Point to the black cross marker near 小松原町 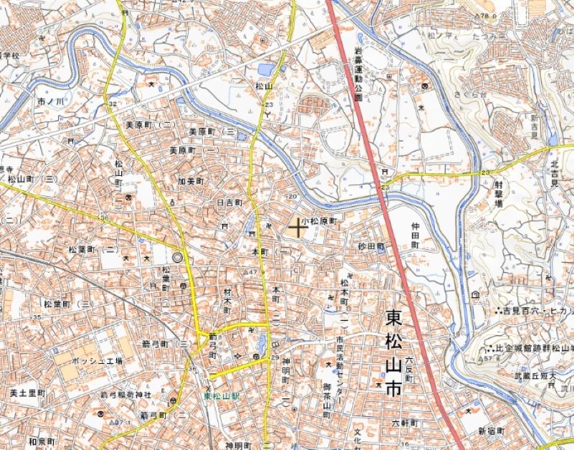tap(297, 228)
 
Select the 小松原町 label tap(319, 222)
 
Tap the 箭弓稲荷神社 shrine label tap(126, 395)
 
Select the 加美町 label tap(192, 182)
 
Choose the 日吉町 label tap(230, 203)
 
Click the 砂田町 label tap(372, 245)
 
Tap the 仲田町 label tap(414, 235)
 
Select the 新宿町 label tap(491, 430)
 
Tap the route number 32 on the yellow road tap(112, 105)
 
